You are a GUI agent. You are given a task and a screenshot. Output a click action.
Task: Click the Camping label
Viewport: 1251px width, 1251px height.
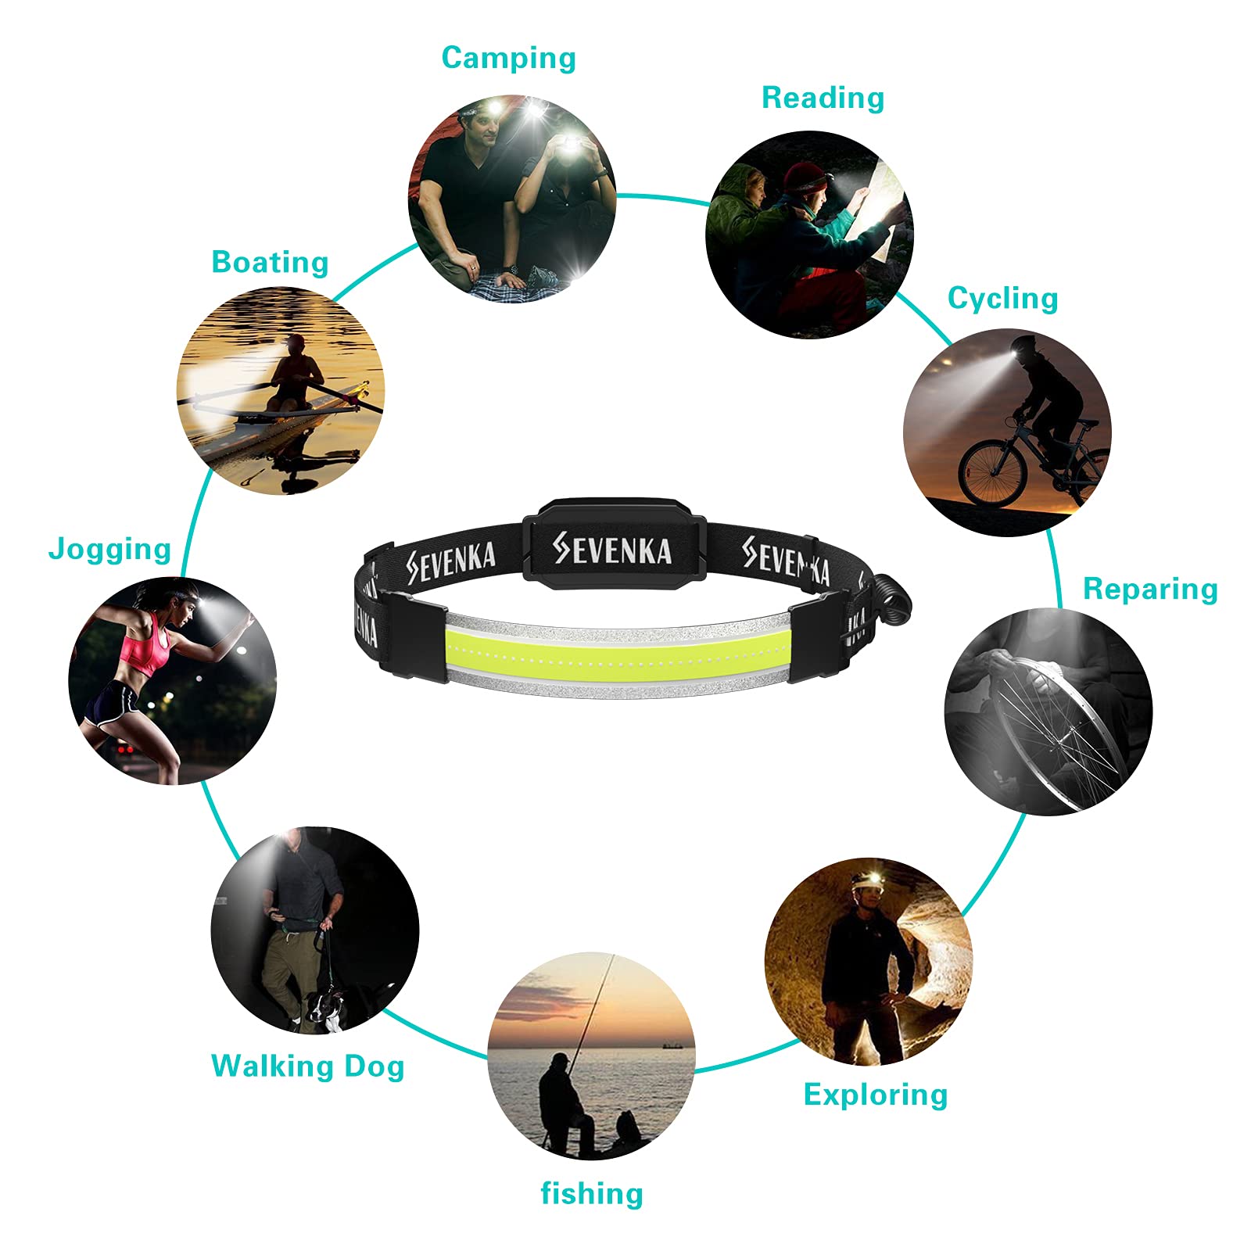coord(508,59)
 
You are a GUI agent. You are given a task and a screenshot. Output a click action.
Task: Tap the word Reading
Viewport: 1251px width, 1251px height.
coord(823,99)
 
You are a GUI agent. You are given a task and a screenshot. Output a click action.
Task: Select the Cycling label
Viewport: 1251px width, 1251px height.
coord(1002,299)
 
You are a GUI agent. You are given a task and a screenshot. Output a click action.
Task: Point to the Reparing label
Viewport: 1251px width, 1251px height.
coord(1150,590)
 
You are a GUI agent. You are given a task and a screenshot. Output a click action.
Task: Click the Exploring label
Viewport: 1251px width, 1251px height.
coord(875,1095)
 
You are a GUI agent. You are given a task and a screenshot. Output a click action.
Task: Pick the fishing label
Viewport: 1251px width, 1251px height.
coord(592,1193)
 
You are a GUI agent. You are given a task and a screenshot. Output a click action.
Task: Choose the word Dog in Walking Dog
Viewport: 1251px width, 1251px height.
coord(375,1067)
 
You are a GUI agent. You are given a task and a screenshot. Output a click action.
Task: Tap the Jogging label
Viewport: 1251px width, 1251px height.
coord(109,549)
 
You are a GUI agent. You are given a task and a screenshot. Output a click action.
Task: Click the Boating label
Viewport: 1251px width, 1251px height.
coord(270,263)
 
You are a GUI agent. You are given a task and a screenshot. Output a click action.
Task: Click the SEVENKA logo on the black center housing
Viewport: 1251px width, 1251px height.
coord(612,549)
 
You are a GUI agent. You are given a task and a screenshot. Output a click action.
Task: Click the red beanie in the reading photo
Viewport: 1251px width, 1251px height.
coord(804,177)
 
